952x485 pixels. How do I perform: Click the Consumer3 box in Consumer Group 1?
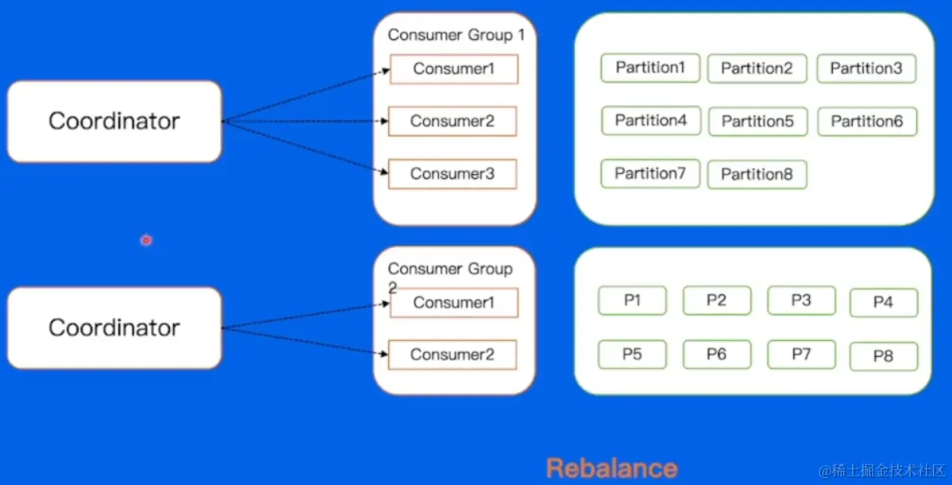coord(453,174)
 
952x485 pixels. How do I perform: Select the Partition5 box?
coord(757,122)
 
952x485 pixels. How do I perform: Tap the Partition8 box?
coord(757,174)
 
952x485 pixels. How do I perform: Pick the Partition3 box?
coord(866,68)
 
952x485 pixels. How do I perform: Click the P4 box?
coord(883,303)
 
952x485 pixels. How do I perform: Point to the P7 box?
coord(801,355)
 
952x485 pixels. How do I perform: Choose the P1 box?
coord(632,301)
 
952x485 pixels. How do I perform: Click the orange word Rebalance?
coord(612,468)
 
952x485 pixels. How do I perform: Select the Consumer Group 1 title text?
coord(456,35)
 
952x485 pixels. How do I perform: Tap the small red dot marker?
coord(146,239)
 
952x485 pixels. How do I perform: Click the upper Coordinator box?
coord(114,121)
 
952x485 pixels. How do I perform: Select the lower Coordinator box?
coord(114,328)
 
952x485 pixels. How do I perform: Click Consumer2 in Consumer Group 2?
coord(453,355)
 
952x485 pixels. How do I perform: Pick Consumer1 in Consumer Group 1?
coord(453,69)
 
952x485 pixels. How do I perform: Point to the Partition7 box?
coord(650,173)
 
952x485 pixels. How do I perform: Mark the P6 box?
coord(716,355)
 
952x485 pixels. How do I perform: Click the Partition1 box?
coord(650,68)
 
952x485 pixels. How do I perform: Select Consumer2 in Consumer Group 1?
coord(453,122)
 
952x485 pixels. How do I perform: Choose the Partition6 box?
coord(867,122)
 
